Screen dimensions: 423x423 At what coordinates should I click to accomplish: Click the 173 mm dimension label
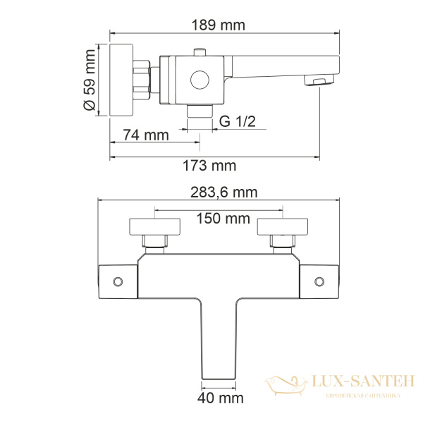pyautogui.click(x=214, y=166)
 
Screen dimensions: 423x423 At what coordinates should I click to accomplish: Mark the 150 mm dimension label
pyautogui.click(x=219, y=219)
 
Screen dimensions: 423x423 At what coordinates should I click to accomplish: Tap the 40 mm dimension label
pyautogui.click(x=220, y=399)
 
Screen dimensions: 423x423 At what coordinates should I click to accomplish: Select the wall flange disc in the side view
pyautogui.click(x=122, y=79)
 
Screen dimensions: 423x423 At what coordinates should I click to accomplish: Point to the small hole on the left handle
pyautogui.click(x=118, y=282)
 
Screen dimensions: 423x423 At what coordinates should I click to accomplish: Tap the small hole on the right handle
pyautogui.click(x=319, y=282)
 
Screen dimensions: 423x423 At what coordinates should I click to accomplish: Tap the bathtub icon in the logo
pyautogui.click(x=286, y=384)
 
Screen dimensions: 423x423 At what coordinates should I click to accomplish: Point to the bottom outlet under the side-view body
pyautogui.click(x=200, y=111)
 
